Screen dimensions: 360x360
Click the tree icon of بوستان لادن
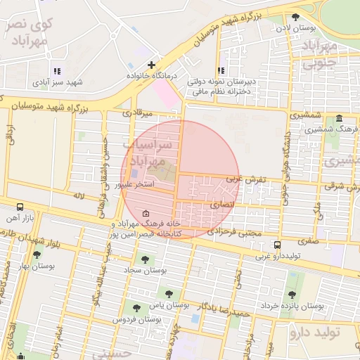click(295, 17)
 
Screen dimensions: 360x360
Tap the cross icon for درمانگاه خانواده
click(151, 65)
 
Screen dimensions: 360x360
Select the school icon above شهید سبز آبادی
click(57, 71)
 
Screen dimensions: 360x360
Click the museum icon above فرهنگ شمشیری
click(340, 118)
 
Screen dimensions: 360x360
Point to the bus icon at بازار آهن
click(20, 207)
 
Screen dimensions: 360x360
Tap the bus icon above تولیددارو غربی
click(278, 245)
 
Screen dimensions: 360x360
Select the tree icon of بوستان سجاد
click(145, 259)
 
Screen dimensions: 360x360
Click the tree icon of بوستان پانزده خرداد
click(292, 295)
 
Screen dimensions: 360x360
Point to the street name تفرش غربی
click(250, 179)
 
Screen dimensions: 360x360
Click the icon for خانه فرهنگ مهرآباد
click(146, 213)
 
